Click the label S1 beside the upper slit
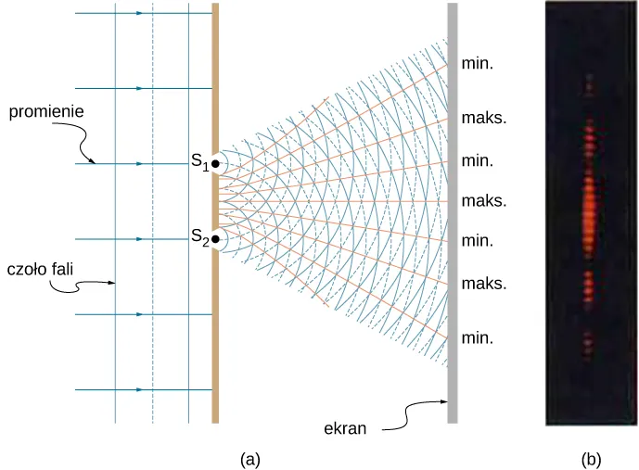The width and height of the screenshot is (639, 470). [199, 161]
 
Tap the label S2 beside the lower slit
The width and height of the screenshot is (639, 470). [200, 237]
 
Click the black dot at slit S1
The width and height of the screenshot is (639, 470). [215, 164]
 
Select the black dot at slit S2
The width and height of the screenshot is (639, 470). [215, 239]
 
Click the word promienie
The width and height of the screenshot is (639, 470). [46, 111]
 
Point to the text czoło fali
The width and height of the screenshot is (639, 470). [40, 269]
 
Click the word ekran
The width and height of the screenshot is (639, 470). [345, 428]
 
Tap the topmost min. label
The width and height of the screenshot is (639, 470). [477, 64]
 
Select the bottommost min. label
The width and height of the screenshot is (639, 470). [477, 338]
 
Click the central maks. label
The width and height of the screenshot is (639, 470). [484, 201]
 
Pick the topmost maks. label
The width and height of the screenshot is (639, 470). [484, 118]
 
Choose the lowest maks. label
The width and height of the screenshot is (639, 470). [484, 284]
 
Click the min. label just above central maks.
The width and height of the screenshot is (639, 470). [477, 161]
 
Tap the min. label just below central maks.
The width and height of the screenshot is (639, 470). [477, 241]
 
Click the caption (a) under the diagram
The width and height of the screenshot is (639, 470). [250, 460]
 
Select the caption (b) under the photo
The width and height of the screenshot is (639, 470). [592, 460]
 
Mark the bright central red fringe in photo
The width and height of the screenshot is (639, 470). [589, 211]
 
